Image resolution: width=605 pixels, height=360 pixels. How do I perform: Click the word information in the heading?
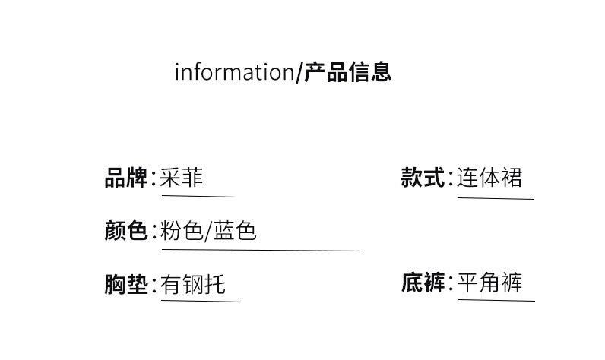pos(233,72)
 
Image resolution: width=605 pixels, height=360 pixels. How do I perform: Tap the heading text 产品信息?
pos(347,72)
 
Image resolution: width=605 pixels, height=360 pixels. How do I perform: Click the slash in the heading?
pos(299,73)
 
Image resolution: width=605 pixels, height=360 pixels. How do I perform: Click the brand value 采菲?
pos(182,178)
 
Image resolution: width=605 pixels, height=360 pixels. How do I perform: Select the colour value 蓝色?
pos(236,230)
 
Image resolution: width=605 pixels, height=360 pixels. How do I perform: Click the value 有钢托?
pos(193,284)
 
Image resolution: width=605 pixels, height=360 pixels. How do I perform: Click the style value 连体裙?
pos(489,178)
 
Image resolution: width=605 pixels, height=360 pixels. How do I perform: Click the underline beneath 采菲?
pos(198,197)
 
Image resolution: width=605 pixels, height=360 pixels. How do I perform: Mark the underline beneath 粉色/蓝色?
pos(262,250)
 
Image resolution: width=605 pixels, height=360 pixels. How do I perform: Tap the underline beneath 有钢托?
pos(201,302)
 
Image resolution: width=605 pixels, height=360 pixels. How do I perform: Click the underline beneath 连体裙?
pos(496,198)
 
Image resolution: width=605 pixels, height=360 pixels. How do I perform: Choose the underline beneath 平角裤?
pos(496,301)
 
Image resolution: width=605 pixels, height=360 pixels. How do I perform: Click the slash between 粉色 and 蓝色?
pos(208,231)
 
